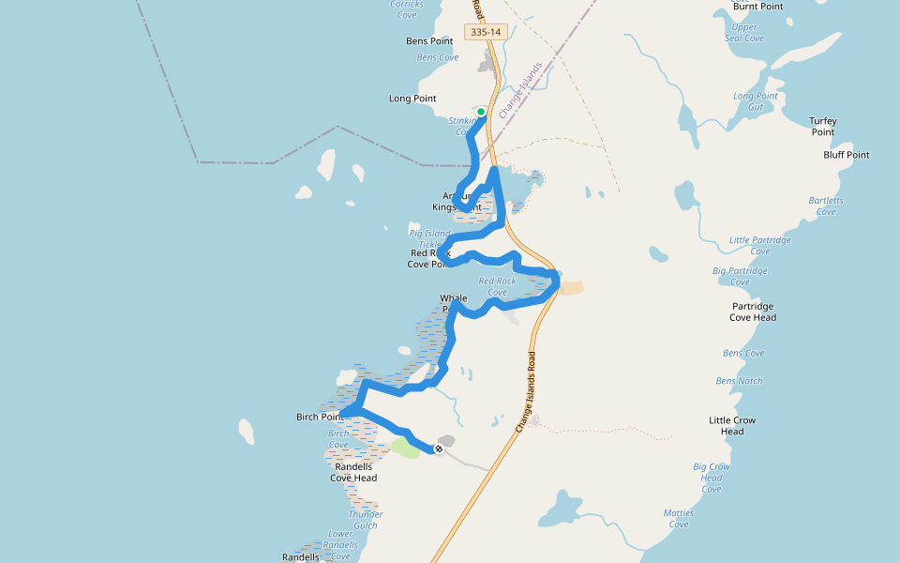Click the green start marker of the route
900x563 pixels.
[481, 112]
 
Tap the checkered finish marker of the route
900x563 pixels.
[438, 449]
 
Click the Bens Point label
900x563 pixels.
[429, 41]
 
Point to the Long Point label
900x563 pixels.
[412, 99]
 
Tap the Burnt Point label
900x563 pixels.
[757, 7]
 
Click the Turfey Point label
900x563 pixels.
[823, 127]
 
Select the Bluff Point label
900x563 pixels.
[847, 155]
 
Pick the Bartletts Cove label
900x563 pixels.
[826, 205]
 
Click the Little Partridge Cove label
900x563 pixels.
[760, 245]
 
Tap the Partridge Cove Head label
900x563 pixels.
[753, 312]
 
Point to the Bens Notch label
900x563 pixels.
[739, 381]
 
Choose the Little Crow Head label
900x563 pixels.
[732, 425]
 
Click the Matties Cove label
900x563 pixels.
[679, 518]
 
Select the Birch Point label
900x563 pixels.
[319, 418]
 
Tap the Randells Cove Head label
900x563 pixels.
[353, 472]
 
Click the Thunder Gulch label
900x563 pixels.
[366, 519]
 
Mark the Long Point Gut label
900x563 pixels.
[756, 101]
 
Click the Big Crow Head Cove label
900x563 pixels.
[712, 478]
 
